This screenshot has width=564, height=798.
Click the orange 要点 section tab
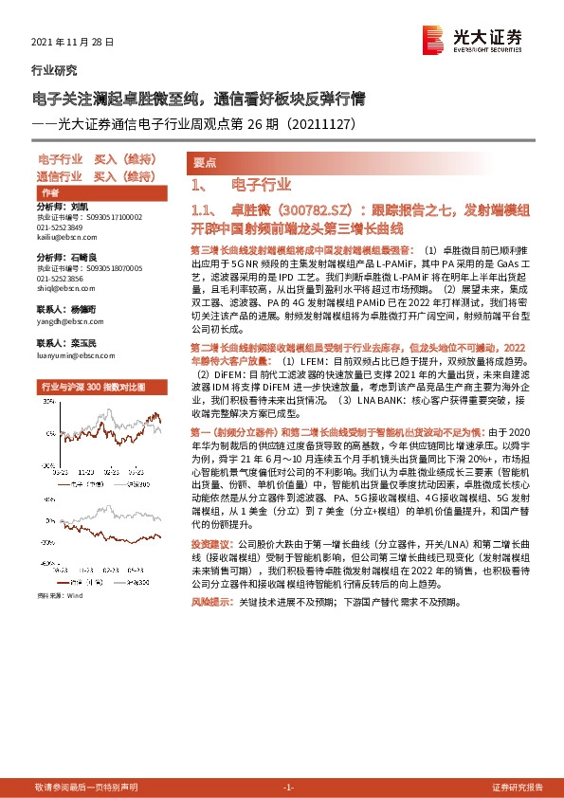pos(204,162)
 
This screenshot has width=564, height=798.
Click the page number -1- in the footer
pos(289,788)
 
